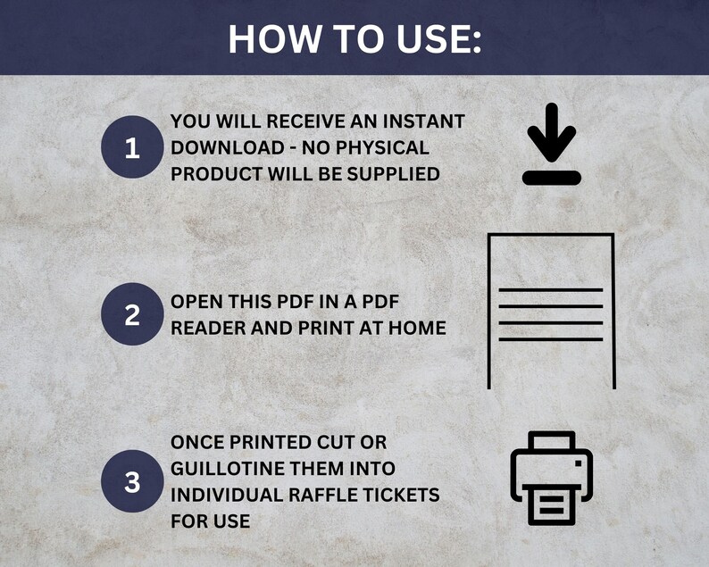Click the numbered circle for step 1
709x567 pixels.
[132, 147]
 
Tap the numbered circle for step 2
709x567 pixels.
[132, 314]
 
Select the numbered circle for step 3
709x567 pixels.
[132, 482]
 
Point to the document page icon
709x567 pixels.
[551, 311]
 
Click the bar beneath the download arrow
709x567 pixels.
[551, 178]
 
